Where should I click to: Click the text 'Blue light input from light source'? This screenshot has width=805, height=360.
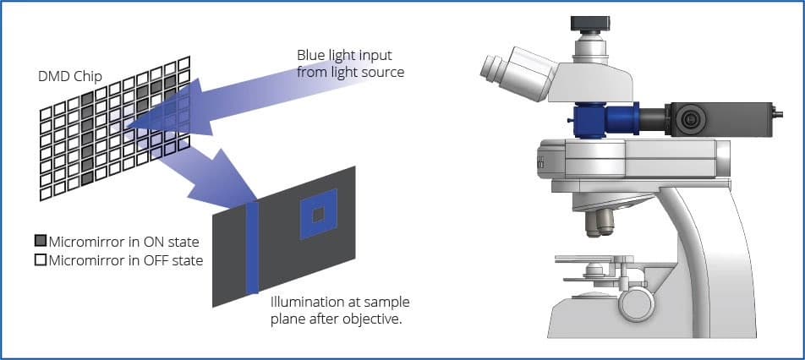[x=350, y=63]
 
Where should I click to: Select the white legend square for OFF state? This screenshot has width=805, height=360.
[x=40, y=260]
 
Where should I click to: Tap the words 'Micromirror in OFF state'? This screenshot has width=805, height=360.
[x=126, y=260]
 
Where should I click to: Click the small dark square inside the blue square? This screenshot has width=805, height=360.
[x=317, y=215]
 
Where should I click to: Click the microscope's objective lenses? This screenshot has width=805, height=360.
[x=600, y=221]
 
